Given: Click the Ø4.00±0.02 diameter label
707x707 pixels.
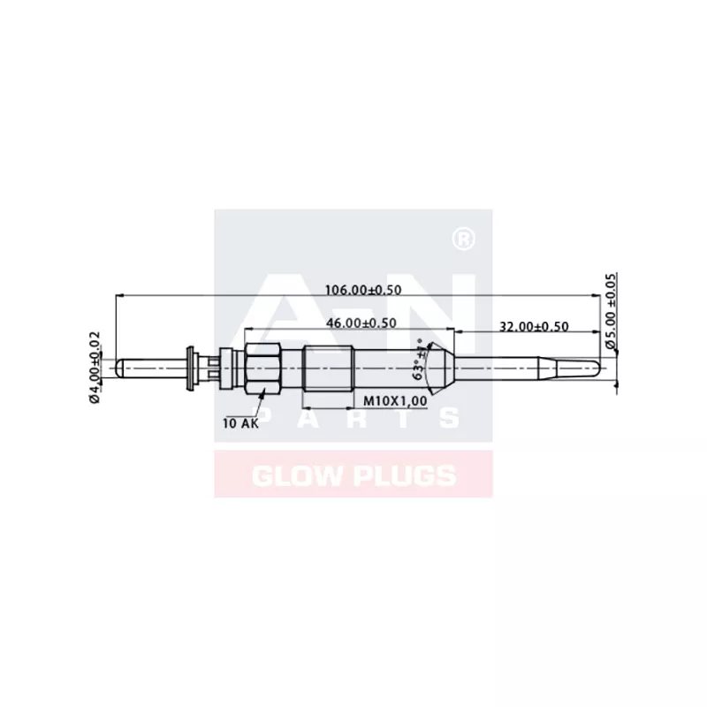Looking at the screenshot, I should pyautogui.click(x=95, y=367).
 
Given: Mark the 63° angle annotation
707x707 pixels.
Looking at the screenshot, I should pyautogui.click(x=420, y=362).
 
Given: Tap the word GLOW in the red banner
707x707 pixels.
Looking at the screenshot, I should pyautogui.click(x=292, y=476).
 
